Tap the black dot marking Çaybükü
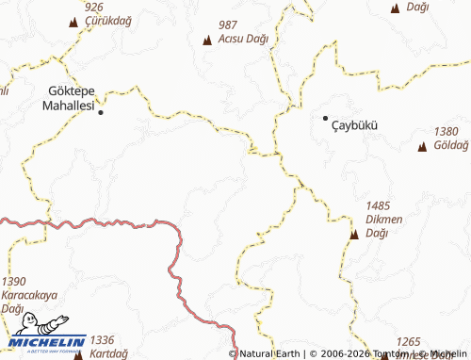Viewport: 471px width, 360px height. tap(325, 118)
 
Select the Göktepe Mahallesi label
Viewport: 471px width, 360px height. tap(71, 98)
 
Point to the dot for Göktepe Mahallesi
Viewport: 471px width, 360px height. tap(101, 112)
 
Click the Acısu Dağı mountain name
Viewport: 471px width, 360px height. tap(243, 39)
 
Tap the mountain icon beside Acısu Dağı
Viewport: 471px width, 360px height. tap(207, 40)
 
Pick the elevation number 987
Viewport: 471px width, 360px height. tap(227, 25)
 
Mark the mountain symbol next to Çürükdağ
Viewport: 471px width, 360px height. tap(73, 21)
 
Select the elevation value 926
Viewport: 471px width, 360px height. tap(92, 7)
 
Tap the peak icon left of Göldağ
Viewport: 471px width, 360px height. tap(422, 146)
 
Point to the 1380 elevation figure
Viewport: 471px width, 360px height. tap(447, 132)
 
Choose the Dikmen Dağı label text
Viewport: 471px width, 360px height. tap(378, 225)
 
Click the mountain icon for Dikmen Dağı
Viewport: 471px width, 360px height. tap(353, 234)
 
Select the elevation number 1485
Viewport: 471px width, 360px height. tap(378, 205)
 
